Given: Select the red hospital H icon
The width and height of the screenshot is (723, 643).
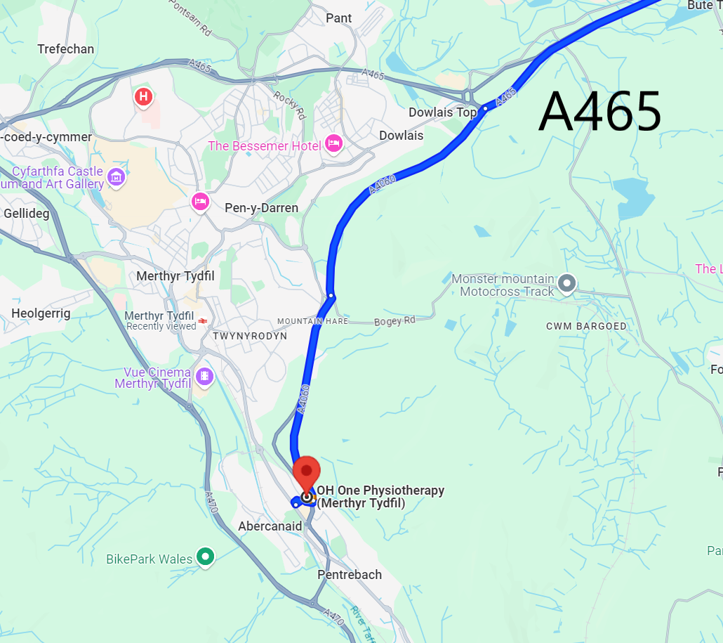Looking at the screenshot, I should (143, 96).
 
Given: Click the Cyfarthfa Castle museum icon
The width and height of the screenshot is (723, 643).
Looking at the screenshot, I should (117, 176).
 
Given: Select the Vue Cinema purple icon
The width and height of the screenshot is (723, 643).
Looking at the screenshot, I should (204, 377).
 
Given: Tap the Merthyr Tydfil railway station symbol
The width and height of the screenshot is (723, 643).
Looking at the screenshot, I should (202, 320).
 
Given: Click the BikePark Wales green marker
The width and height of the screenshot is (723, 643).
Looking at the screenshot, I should (205, 557).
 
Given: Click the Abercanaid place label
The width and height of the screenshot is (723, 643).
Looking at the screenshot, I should (270, 526).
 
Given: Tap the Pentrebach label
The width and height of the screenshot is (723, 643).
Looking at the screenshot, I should (350, 575).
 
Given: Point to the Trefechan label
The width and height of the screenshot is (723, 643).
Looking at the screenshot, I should (65, 49).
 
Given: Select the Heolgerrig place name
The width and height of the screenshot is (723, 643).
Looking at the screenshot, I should (41, 313).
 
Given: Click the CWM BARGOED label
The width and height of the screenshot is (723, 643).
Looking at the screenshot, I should (586, 327).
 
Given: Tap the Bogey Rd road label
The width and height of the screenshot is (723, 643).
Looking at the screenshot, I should (394, 320).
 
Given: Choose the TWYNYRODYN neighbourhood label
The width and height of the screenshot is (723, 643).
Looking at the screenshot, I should (250, 337).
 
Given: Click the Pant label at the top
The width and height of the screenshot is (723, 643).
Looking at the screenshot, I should (339, 18).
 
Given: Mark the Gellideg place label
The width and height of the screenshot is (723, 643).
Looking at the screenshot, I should (27, 213).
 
